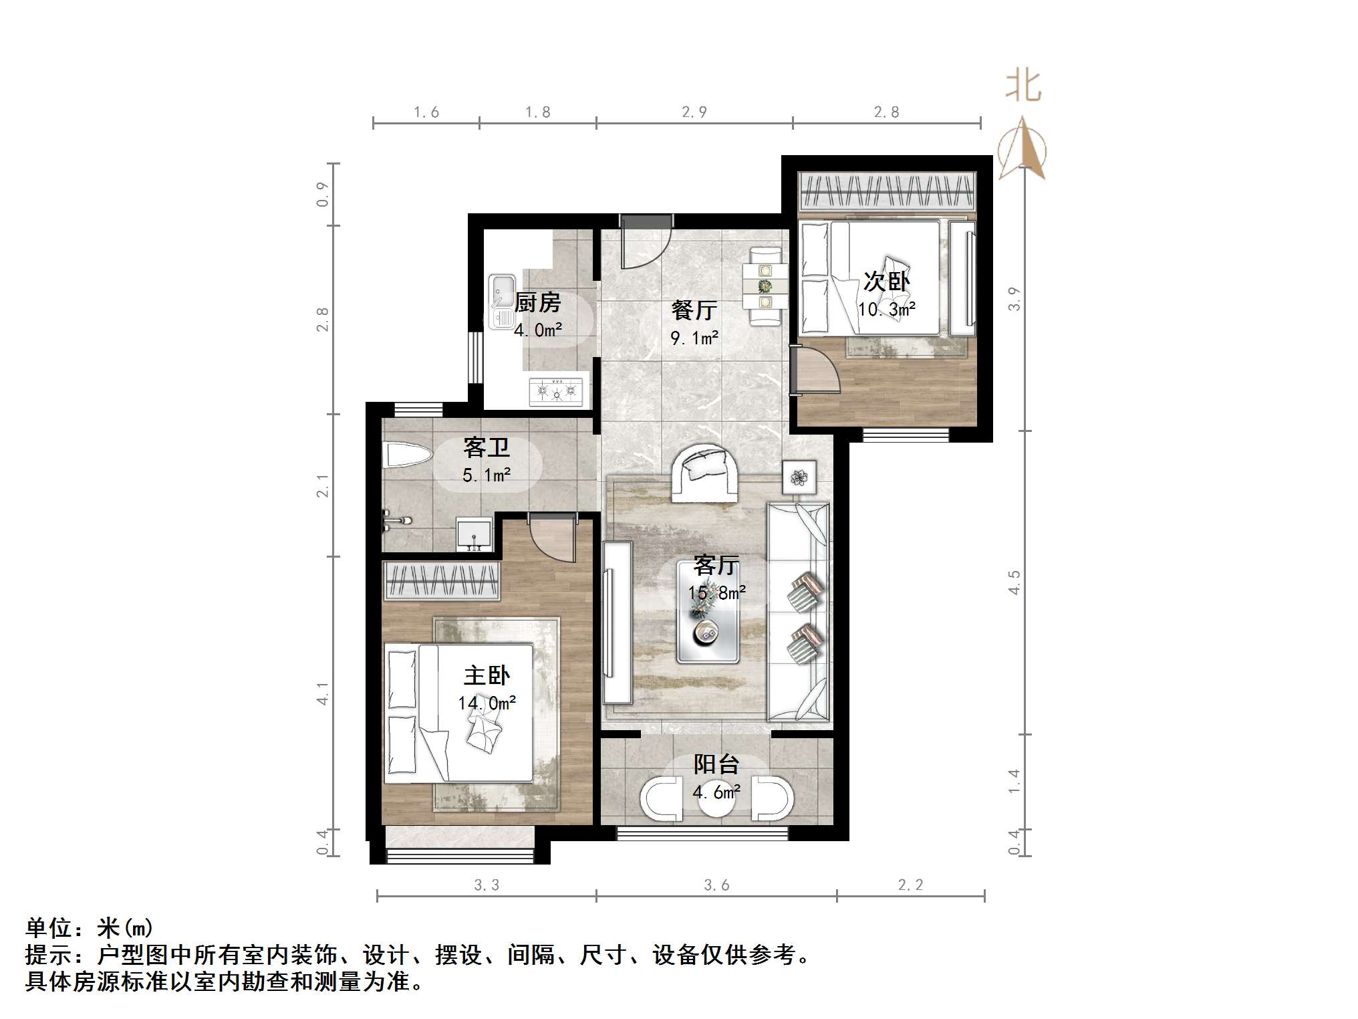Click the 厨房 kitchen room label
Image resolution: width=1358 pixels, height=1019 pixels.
pyautogui.click(x=537, y=303)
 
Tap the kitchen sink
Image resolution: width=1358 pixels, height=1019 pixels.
pyautogui.click(x=501, y=302)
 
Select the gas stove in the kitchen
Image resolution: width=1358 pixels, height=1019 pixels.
pyautogui.click(x=556, y=390)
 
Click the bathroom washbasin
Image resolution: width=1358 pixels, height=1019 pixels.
pyautogui.click(x=474, y=534)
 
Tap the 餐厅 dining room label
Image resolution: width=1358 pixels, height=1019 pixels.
pyautogui.click(x=694, y=310)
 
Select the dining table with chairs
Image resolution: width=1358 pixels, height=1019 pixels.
pyautogui.click(x=765, y=287)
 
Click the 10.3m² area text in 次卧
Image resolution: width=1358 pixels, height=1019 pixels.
pyautogui.click(x=886, y=310)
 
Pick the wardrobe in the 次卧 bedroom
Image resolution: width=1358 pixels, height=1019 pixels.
pyautogui.click(x=887, y=192)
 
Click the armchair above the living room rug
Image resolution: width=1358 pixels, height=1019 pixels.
pyautogui.click(x=704, y=473)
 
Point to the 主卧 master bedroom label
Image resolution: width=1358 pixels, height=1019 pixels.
pyautogui.click(x=487, y=675)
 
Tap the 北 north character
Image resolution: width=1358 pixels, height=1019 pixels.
pyautogui.click(x=1023, y=87)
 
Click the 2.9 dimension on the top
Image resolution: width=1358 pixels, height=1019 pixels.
pyautogui.click(x=694, y=112)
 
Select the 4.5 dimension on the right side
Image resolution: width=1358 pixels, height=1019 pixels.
pyautogui.click(x=1014, y=582)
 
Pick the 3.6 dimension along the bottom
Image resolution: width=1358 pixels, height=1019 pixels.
pyautogui.click(x=716, y=885)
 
